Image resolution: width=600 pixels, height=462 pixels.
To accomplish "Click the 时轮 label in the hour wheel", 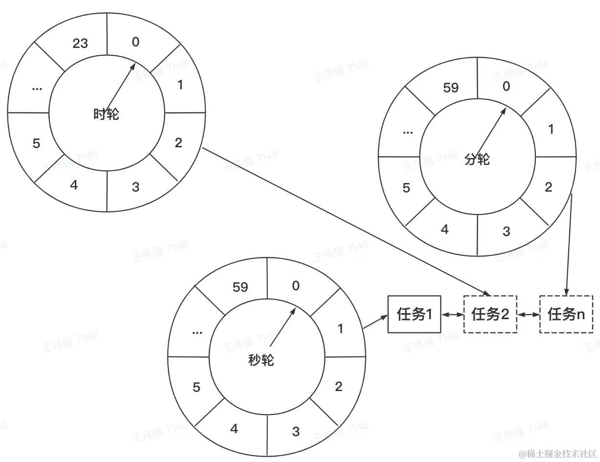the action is pos(106,115).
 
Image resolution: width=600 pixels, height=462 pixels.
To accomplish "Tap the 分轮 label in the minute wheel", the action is pos(477,159).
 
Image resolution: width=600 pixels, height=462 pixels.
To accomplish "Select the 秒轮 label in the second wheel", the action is pos(261,360).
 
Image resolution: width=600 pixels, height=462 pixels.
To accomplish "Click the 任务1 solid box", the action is pos(414,314).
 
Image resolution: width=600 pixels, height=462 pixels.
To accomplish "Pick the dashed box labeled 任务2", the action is pos(490,314).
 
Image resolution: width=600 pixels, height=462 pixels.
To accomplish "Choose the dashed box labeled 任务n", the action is pos(566,314).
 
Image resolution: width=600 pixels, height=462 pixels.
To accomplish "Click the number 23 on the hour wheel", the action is pos(80,44).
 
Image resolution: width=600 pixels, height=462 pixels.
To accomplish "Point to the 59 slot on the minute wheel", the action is pos(450,88).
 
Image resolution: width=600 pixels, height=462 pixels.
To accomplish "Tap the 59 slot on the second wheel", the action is pos(240,287).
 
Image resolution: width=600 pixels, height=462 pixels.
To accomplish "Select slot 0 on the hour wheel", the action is pos(136,42).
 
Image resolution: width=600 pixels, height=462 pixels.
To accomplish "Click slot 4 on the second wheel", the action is pos(234,429).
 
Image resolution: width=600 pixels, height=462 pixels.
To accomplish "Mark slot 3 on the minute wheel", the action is pos(507,231).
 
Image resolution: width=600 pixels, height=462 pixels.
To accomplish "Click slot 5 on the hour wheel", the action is pos(36,143).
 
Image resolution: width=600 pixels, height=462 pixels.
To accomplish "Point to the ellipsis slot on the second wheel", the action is pos(197,332).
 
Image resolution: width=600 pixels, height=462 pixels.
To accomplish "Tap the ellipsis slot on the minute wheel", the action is pos(407,132).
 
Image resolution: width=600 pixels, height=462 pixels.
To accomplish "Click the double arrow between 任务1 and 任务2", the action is pos(452,315).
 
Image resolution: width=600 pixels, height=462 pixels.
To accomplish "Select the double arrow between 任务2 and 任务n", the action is pos(528,315).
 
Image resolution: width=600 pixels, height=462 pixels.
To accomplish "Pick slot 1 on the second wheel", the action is pos(340,329).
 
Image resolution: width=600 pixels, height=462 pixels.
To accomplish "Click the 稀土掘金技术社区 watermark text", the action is pos(558,453).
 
